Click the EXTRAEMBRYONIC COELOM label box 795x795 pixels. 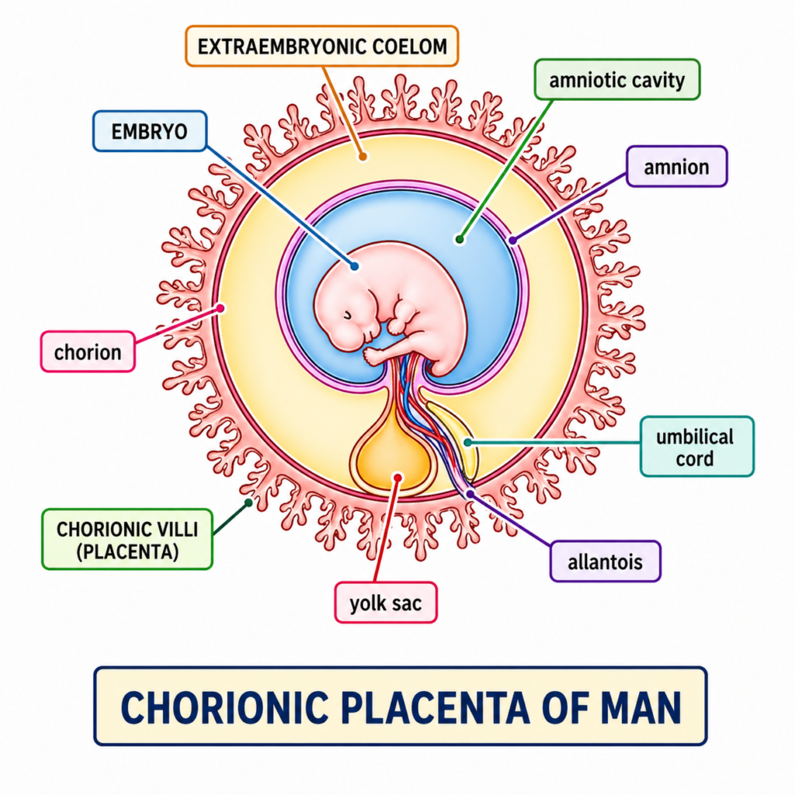pyautogui.click(x=322, y=46)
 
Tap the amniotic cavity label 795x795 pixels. pyautogui.click(x=617, y=80)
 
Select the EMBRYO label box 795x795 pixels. pyautogui.click(x=149, y=130)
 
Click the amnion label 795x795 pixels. pyautogui.click(x=676, y=166)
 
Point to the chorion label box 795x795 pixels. pyautogui.click(x=88, y=352)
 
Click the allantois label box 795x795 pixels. pyautogui.click(x=605, y=561)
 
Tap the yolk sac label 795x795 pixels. pyautogui.click(x=385, y=603)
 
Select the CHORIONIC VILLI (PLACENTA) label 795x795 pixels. pyautogui.click(x=127, y=540)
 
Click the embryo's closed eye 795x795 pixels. pyautogui.click(x=347, y=314)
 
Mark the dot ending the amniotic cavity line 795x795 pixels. pyautogui.click(x=460, y=240)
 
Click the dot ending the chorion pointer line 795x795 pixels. pyautogui.click(x=221, y=308)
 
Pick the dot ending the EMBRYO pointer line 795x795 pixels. pyautogui.click(x=354, y=266)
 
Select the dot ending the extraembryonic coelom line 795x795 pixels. pyautogui.click(x=362, y=156)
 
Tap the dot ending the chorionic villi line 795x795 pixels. pyautogui.click(x=248, y=502)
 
